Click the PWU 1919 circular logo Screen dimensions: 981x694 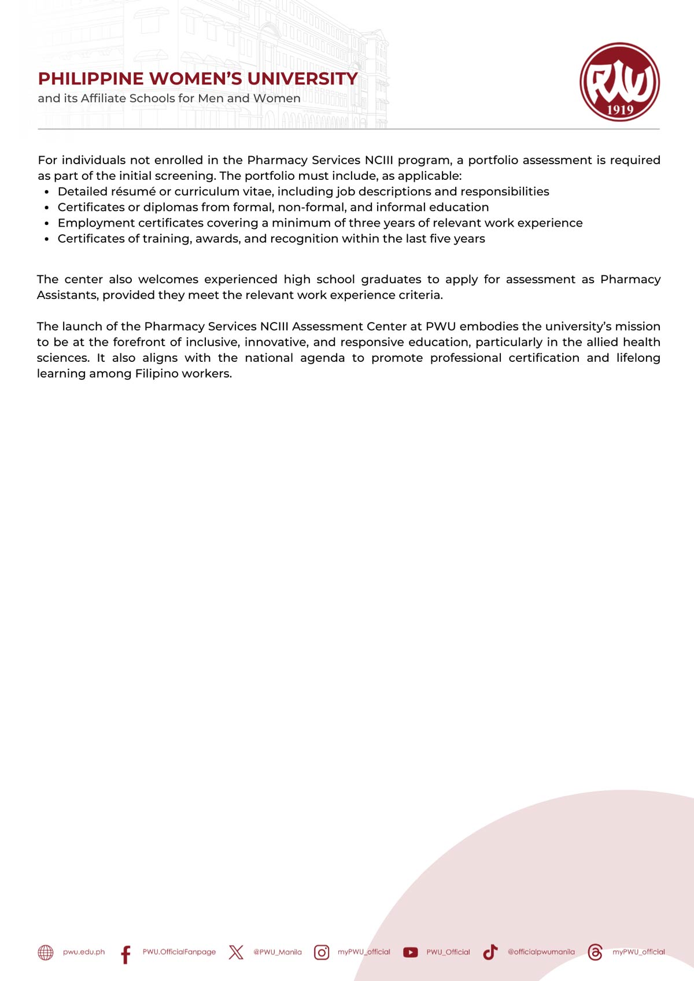pyautogui.click(x=619, y=82)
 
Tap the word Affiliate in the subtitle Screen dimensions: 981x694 pyautogui.click(x=103, y=98)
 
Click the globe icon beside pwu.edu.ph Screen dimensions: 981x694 pyautogui.click(x=46, y=952)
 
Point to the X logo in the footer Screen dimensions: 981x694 pyautogui.click(x=236, y=952)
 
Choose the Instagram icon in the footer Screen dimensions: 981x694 pyautogui.click(x=322, y=952)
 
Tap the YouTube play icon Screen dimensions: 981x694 pyautogui.click(x=410, y=952)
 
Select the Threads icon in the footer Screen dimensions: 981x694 pyautogui.click(x=595, y=952)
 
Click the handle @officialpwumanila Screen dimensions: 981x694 pyautogui.click(x=541, y=952)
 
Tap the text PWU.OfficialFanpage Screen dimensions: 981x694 pyautogui.click(x=179, y=952)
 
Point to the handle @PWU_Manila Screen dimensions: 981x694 pyautogui.click(x=278, y=952)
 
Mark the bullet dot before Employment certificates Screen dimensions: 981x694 pyautogui.click(x=47, y=224)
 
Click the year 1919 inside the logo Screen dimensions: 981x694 pyautogui.click(x=620, y=110)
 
